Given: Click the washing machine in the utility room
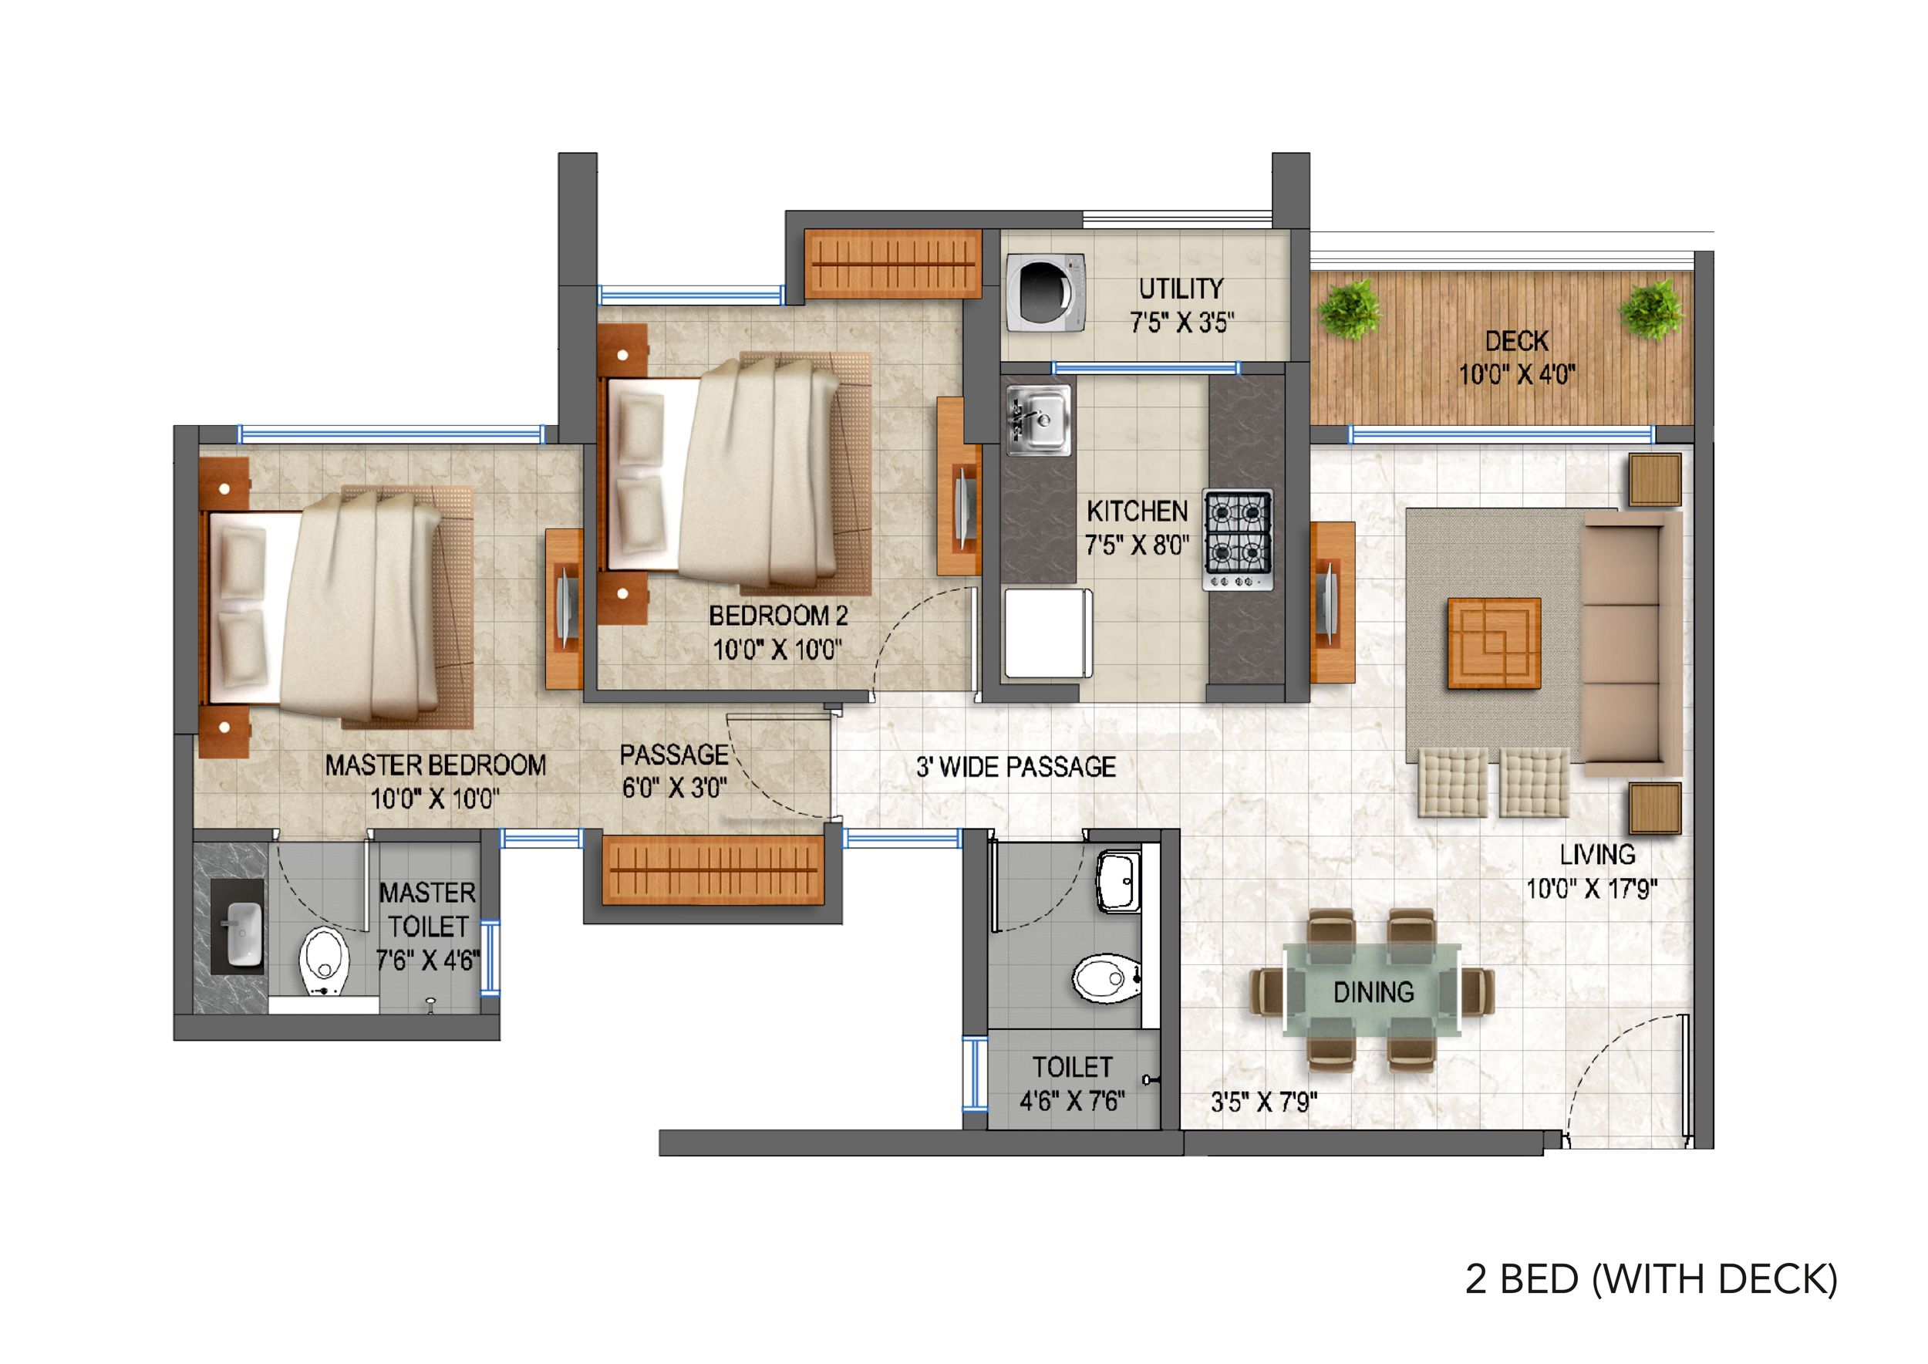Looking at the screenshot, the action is coord(1046,293).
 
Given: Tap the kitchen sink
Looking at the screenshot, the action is coord(1039,420).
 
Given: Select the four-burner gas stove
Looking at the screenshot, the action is coord(1238,539).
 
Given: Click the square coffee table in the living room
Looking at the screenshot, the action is coord(1494,643).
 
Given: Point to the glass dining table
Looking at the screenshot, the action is coord(1372,989).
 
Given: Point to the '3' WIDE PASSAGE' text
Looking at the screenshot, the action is coord(1016,766).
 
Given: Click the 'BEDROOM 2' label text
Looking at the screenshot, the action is coord(778,616).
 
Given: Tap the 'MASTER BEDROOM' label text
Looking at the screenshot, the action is coord(436,765).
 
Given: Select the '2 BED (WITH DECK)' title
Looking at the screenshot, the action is coord(1652,1278).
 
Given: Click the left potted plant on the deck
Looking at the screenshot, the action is coord(1349,309).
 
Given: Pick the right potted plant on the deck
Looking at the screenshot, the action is coord(1651,309).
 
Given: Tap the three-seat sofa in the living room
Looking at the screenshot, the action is coord(1631,643).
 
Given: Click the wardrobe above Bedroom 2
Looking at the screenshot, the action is coord(892,263).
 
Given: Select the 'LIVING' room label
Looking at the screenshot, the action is coord(1598,854).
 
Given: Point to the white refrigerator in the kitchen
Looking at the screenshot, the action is coord(1049,633).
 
